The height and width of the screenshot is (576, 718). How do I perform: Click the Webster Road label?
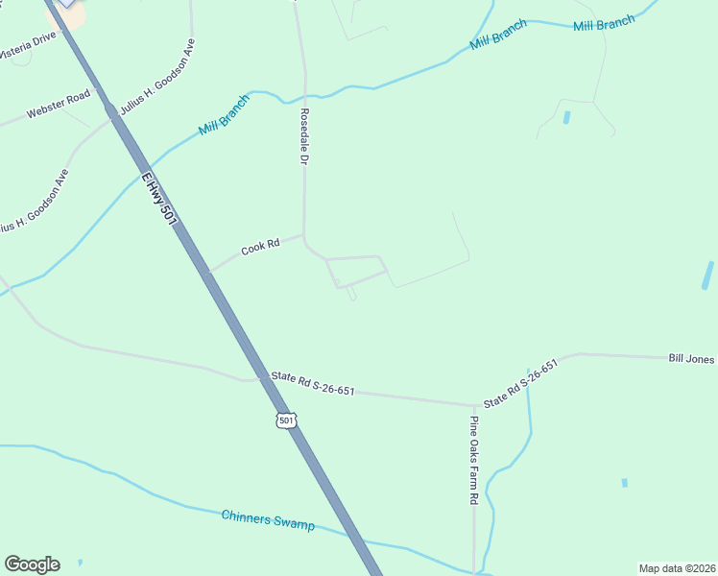(58, 104)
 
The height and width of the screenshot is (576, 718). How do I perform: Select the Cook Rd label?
(259, 247)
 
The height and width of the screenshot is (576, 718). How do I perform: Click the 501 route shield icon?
(285, 420)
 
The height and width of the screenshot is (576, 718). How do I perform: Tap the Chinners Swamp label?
(268, 519)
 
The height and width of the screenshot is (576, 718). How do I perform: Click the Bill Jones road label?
(691, 359)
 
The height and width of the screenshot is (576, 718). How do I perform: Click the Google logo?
(32, 564)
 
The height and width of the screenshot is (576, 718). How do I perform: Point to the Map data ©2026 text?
(678, 567)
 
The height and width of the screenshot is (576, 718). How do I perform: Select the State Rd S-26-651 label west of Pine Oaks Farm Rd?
(313, 384)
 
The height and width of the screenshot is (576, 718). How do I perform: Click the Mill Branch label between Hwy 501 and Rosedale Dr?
(223, 115)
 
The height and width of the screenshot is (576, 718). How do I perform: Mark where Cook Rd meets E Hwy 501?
(206, 273)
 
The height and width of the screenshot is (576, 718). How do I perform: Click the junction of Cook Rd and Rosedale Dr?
(304, 234)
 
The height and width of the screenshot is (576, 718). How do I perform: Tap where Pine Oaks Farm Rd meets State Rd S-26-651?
(474, 405)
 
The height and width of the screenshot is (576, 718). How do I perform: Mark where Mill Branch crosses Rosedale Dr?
(305, 97)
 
